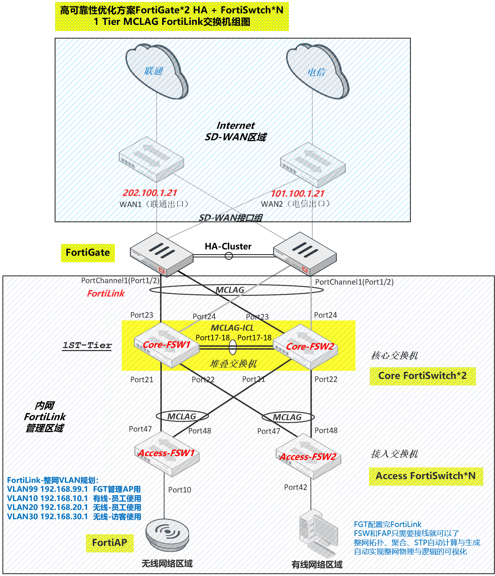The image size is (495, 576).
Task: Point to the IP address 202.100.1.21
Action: (x=150, y=193)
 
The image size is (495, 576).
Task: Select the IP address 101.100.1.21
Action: (x=298, y=194)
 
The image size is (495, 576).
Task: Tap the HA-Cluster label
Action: (x=228, y=246)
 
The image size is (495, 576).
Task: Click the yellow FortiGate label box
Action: (x=88, y=253)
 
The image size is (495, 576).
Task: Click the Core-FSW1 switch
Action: (x=166, y=345)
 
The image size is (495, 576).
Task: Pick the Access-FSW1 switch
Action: (x=166, y=454)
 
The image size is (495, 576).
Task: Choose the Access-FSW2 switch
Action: (x=308, y=456)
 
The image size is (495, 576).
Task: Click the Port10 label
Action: (x=180, y=490)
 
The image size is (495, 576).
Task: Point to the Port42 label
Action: (x=295, y=487)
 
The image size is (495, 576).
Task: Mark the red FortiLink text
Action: (x=106, y=294)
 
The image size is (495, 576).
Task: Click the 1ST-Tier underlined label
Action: (x=87, y=346)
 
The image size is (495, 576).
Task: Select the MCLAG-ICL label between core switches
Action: (x=232, y=328)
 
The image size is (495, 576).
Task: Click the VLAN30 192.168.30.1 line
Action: (x=74, y=517)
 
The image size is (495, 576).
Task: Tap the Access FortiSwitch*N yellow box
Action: (x=426, y=476)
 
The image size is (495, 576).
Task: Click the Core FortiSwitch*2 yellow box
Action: (x=422, y=376)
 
